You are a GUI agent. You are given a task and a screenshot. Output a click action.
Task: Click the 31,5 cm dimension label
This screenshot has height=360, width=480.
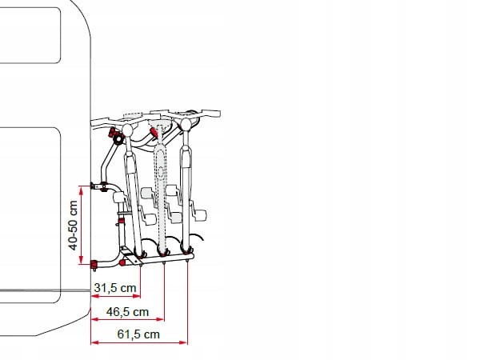tap(115, 288)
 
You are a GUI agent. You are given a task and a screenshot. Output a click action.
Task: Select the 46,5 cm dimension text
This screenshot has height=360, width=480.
tap(127, 312)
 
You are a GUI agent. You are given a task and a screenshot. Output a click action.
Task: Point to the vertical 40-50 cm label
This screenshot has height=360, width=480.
tap(73, 225)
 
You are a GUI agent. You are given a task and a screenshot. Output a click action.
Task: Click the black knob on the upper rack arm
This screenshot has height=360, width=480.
tap(118, 139)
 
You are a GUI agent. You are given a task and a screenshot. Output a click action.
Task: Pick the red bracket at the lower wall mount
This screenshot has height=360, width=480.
tap(94, 264)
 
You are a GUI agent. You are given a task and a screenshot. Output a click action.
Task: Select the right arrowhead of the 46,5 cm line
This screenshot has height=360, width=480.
tap(161, 319)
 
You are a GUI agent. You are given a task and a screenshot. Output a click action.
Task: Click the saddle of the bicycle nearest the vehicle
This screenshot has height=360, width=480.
tap(127, 130)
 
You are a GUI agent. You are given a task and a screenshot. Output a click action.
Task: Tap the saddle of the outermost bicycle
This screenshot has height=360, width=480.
tap(186, 124)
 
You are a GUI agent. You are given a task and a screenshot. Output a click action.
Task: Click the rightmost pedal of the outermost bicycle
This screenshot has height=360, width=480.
tap(200, 215)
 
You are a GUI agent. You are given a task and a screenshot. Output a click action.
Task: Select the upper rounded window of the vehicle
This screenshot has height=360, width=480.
tap(30, 35)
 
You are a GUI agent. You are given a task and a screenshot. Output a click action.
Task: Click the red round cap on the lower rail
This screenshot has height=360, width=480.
tap(122, 262)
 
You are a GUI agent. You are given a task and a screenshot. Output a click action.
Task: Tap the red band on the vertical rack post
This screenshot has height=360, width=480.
tap(122, 221)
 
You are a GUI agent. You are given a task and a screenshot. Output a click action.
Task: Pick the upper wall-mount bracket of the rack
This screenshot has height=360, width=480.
tap(98, 186)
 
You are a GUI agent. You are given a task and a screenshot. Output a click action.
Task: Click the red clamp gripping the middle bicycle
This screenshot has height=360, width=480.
tap(154, 132)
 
